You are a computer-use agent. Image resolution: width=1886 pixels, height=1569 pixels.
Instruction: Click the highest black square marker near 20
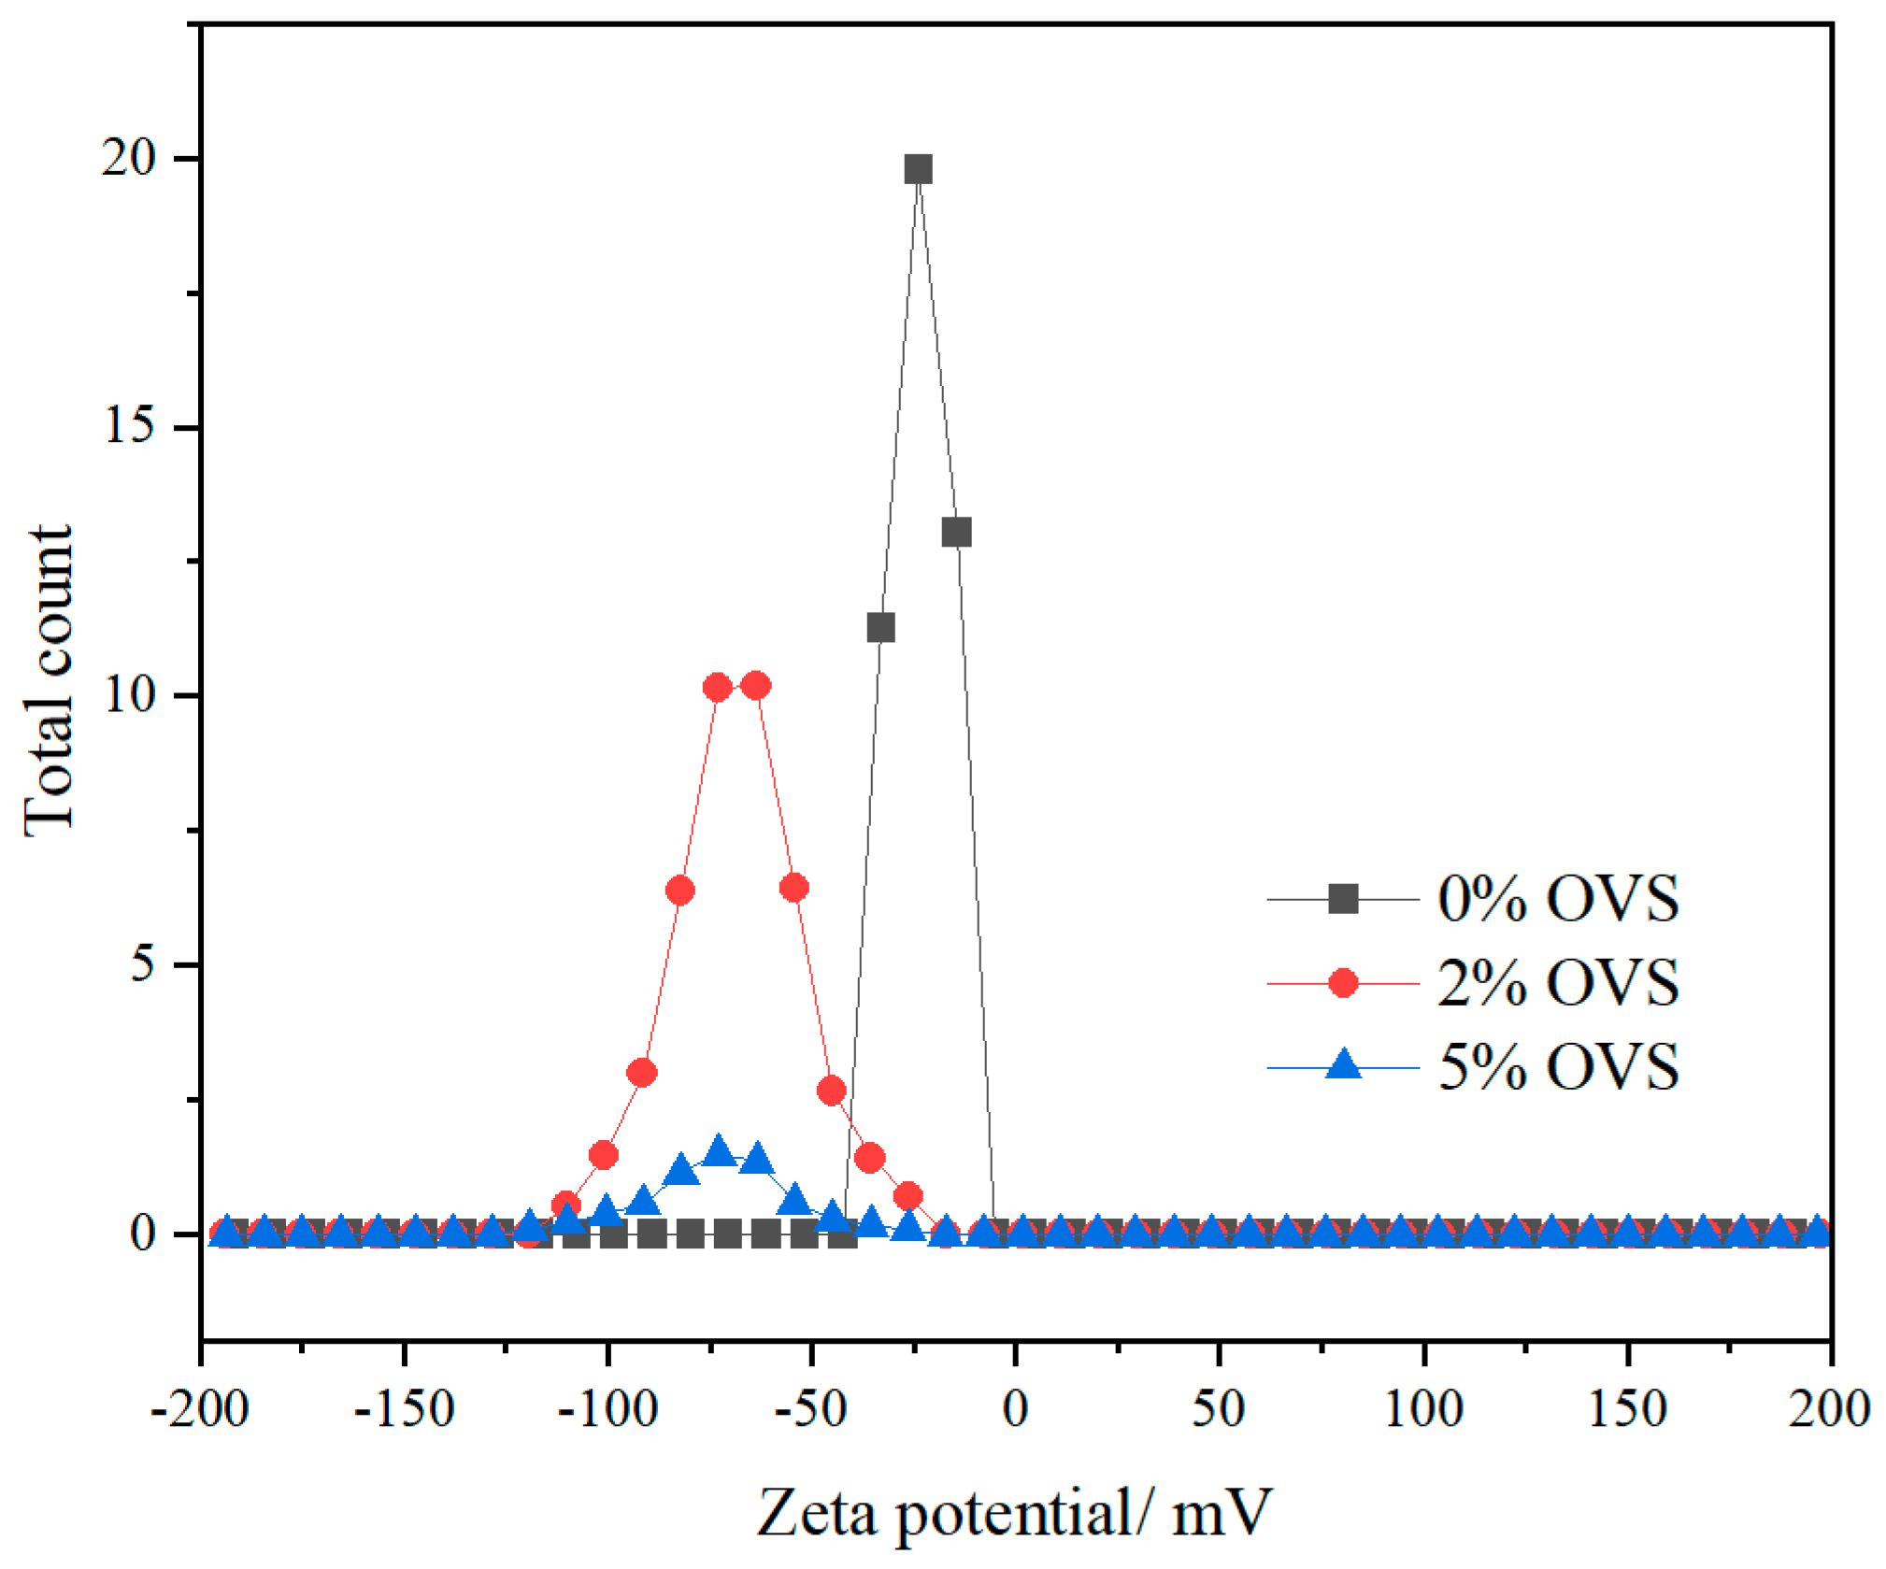[918, 169]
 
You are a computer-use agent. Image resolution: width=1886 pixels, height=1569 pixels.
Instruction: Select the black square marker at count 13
[956, 533]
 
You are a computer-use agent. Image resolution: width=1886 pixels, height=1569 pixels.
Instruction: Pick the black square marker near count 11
[880, 628]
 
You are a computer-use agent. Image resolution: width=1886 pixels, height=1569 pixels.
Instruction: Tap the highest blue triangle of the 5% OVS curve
[718, 1150]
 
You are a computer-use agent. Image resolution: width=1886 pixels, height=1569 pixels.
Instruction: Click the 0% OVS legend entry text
[1557, 899]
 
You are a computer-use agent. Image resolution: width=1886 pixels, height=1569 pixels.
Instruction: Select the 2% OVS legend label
[1557, 982]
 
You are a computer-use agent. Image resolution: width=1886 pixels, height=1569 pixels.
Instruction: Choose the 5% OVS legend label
[1557, 1066]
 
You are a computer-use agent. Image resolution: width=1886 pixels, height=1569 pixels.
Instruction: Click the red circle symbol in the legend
[1343, 982]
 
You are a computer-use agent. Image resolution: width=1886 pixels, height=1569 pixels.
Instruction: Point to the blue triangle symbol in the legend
[1343, 1064]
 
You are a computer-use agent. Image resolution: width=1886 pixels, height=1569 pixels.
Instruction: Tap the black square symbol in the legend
[1343, 899]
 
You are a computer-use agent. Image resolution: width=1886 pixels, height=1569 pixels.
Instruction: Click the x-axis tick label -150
[404, 1408]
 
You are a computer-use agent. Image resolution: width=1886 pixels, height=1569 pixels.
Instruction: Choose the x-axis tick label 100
[1422, 1408]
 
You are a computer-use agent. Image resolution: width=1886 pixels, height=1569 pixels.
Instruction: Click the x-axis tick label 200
[1829, 1408]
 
